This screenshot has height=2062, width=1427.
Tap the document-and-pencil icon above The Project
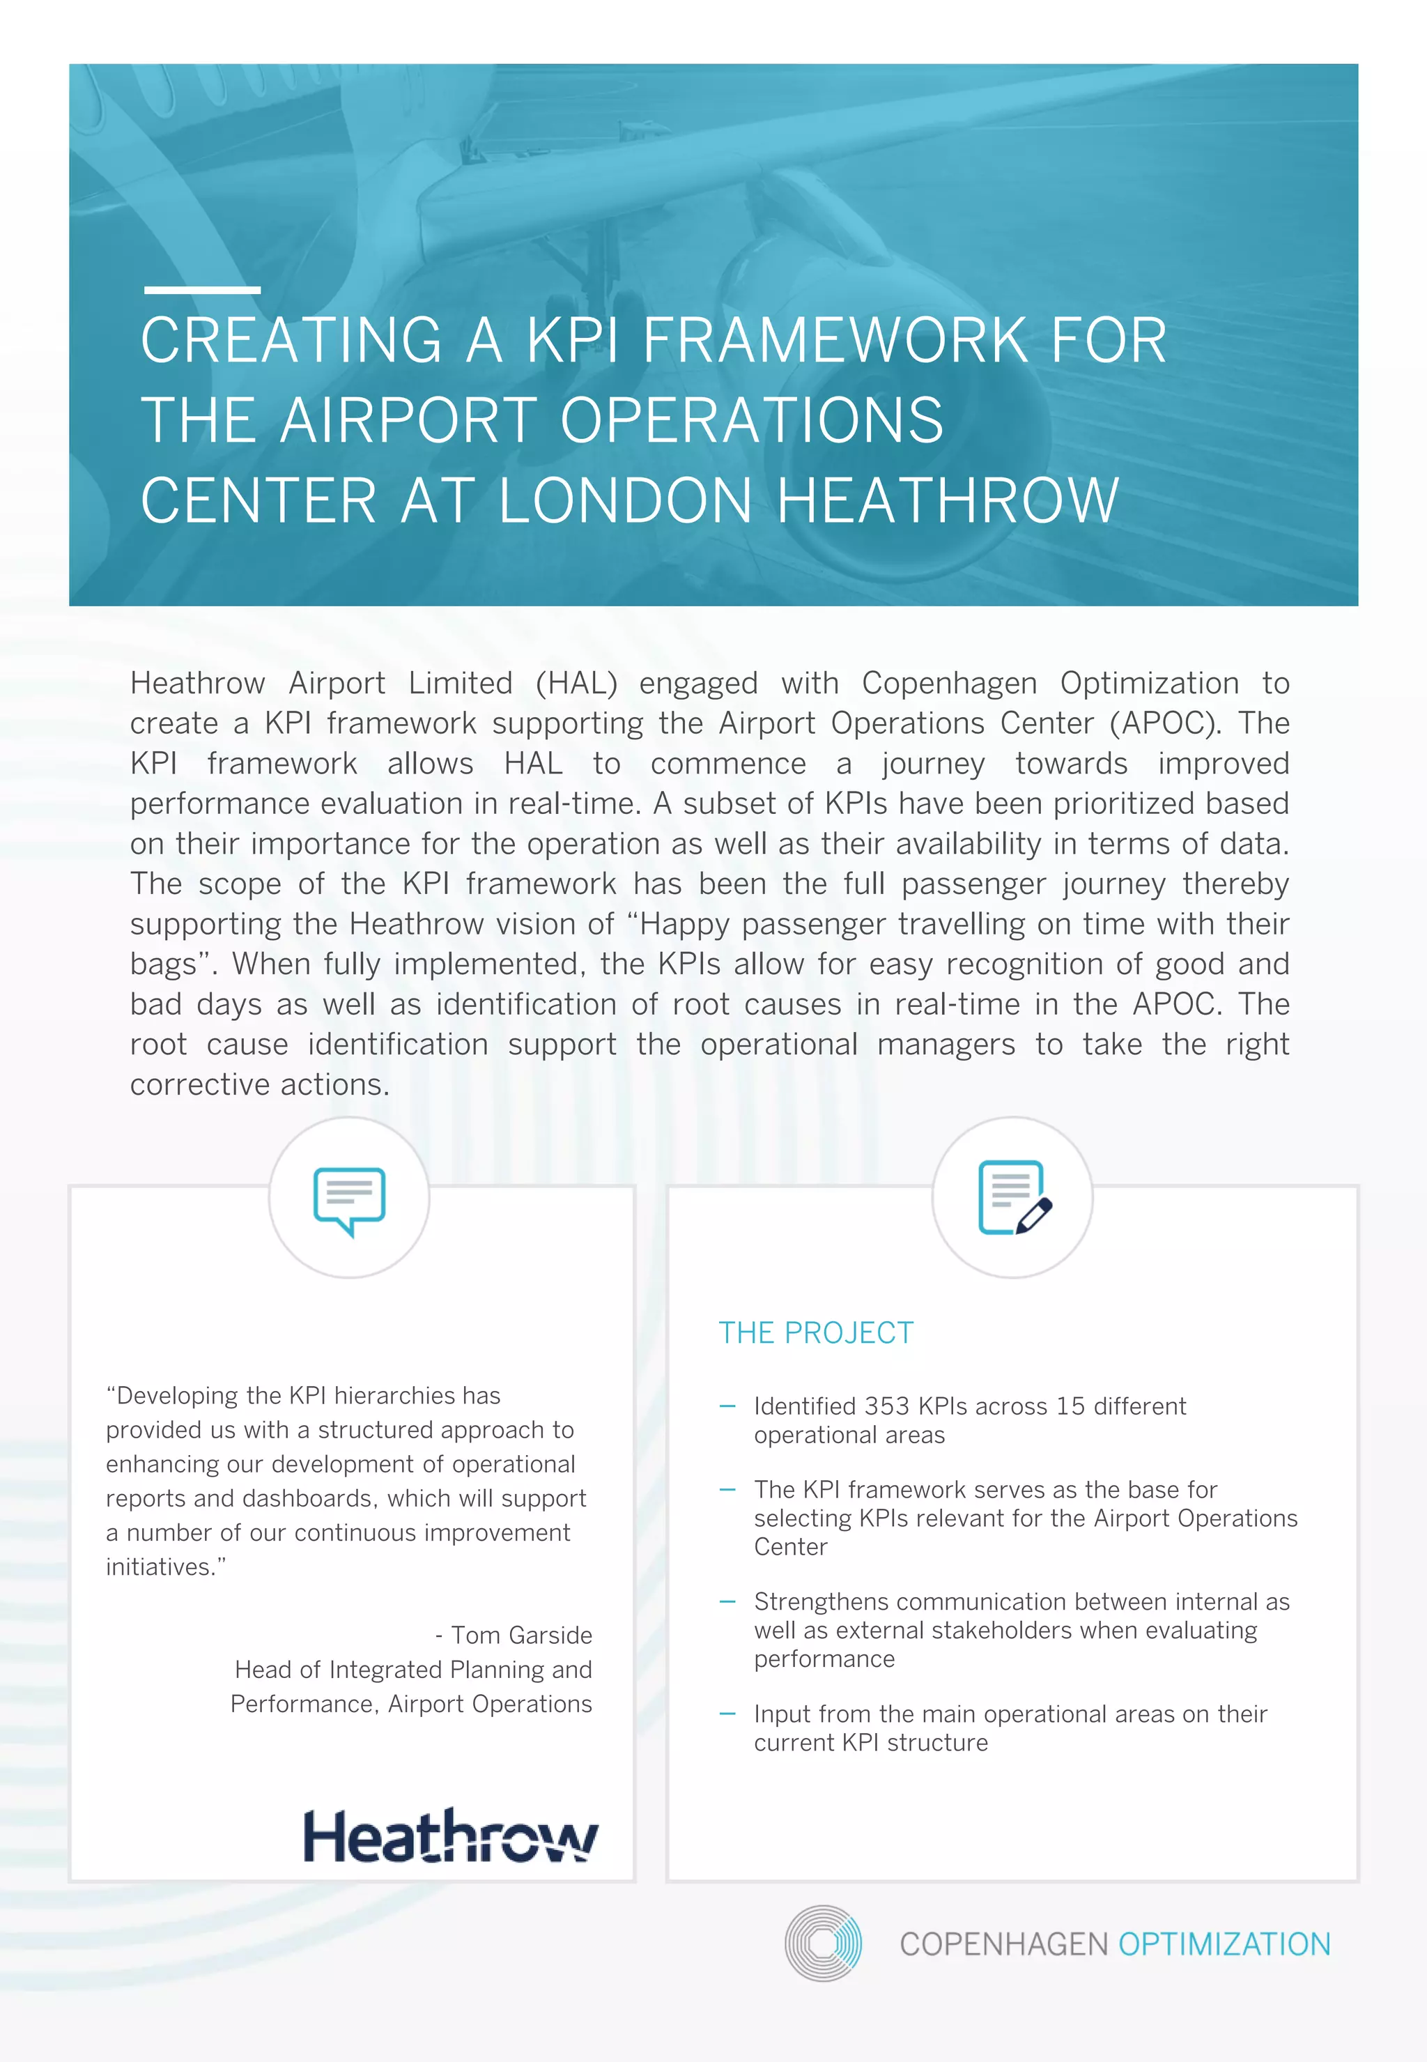point(1014,1198)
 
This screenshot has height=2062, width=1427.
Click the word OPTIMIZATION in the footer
point(1224,1945)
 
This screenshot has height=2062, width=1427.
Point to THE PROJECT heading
point(815,1332)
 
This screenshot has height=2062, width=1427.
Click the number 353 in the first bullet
point(887,1406)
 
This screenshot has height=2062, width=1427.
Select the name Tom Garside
point(521,1636)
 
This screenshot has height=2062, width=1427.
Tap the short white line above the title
point(202,290)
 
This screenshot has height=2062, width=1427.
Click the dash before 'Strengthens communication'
point(727,1601)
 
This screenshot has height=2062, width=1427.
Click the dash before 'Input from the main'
point(727,1714)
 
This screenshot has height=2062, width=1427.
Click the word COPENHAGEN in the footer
point(1003,1945)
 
